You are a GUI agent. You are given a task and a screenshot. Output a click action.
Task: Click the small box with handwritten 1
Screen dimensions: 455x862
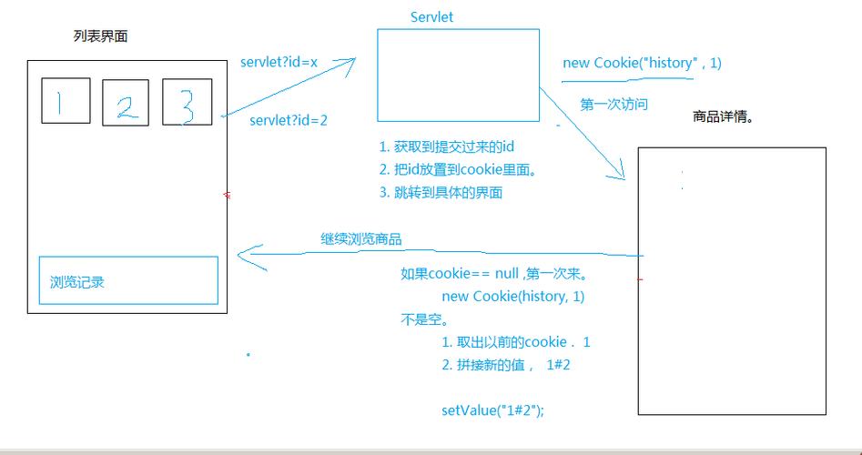[x=66, y=101]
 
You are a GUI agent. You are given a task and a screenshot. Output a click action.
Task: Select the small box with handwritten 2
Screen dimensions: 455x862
[x=126, y=103]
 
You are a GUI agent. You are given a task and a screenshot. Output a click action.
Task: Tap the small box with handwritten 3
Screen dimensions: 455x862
[x=187, y=102]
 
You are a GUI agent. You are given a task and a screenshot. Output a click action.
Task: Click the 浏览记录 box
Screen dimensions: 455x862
[x=127, y=280]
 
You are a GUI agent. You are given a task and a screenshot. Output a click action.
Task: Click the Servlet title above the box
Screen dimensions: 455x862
[x=431, y=17]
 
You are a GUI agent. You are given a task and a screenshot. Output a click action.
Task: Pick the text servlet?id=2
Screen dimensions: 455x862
[x=288, y=120]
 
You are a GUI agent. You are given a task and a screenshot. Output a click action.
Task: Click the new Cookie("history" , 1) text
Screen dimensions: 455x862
[x=642, y=63]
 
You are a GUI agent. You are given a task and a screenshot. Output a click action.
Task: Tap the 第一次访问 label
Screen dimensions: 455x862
[x=614, y=105]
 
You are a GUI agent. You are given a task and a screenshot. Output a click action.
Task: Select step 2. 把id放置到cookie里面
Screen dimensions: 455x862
[x=458, y=169]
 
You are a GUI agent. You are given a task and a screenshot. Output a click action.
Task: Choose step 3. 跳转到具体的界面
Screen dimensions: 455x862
[x=441, y=192]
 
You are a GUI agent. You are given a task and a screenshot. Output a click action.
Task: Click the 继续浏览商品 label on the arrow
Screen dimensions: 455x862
[x=360, y=239]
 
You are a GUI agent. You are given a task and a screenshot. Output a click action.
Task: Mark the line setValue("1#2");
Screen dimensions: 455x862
[x=492, y=410]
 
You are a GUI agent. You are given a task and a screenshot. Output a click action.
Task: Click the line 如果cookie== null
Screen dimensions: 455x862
[x=492, y=274]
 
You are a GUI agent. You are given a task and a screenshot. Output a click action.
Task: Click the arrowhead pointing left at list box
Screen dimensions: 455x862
[x=246, y=256]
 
